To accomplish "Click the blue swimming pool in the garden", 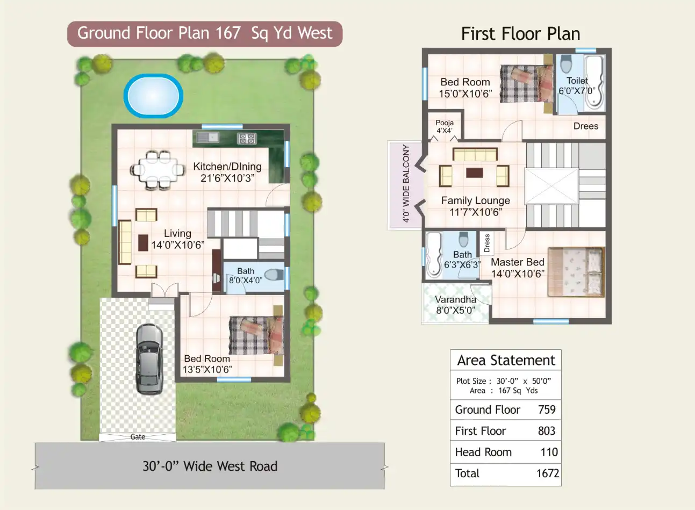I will pos(154,96).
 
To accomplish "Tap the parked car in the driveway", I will pos(149,358).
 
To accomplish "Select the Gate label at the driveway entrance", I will pos(138,437).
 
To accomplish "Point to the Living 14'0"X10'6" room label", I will pos(177,239).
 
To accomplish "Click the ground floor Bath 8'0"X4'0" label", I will pos(246,276).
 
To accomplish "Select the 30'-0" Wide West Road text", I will pos(210,466).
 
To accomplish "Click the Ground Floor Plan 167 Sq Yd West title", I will pos(205,33).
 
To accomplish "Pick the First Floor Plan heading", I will pos(520,34).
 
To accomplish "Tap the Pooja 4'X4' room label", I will pos(444,127).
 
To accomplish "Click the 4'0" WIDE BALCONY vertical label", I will pos(406,183).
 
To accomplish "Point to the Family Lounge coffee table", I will pos(474,173).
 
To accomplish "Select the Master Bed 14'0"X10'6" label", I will pos(518,268).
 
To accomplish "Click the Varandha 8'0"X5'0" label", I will pos(455,305).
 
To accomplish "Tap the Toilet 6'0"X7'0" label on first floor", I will pos(577,85).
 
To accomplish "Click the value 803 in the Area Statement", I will pos(546,431).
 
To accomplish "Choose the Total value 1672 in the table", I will pos(547,473).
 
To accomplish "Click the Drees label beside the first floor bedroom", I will pos(585,126).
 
